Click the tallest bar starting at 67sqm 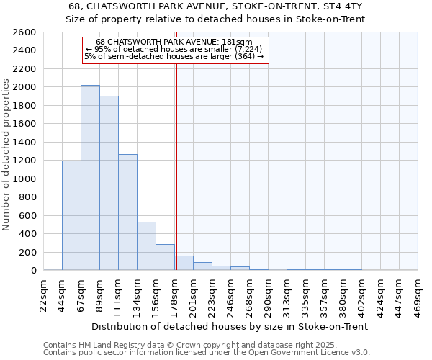pyautogui.click(x=90, y=178)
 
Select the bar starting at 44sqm pyautogui.click(x=71, y=215)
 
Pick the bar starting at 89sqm pyautogui.click(x=109, y=183)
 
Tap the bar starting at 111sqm pyautogui.click(x=127, y=212)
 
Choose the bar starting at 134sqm pyautogui.click(x=146, y=246)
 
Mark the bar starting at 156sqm pyautogui.click(x=165, y=257)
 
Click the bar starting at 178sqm pyautogui.click(x=184, y=263)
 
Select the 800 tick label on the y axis pyautogui.click(x=28, y=197)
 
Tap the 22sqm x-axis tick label pyautogui.click(x=43, y=293)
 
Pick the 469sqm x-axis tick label pyautogui.click(x=418, y=293)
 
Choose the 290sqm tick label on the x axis pyautogui.click(x=268, y=293)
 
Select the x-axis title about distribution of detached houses pyautogui.click(x=230, y=326)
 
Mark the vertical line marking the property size pyautogui.click(x=176, y=166)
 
